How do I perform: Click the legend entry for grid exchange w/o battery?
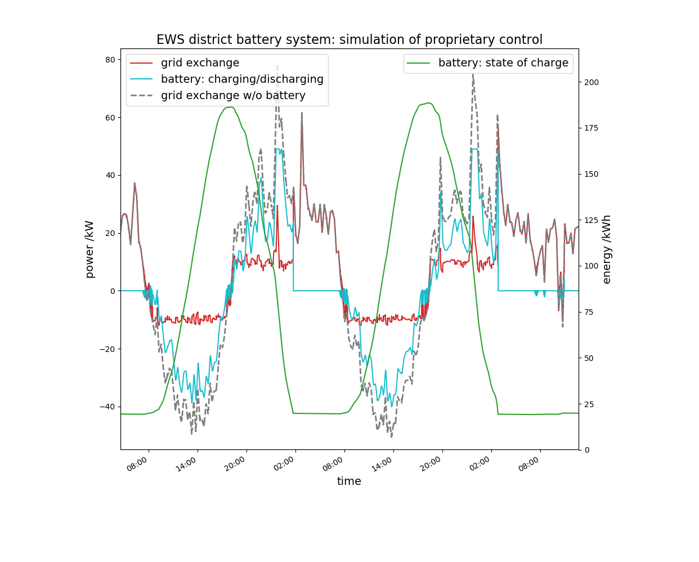coord(233,96)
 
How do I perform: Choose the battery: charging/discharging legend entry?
coord(242,79)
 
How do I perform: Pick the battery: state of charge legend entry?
coord(503,63)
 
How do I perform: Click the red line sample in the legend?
coord(141,63)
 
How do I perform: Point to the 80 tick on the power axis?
coord(109,60)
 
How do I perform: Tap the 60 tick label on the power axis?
coord(109,118)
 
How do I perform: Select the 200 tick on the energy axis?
coord(592,82)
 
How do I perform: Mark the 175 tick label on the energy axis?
coord(592,128)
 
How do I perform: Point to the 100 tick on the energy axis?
coord(592,266)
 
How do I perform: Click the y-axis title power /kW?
coord(89,249)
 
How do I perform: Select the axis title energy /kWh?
coord(607,249)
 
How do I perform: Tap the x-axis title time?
coord(349,481)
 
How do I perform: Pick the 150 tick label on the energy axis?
coord(592,175)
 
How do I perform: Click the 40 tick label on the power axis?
coord(109,176)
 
